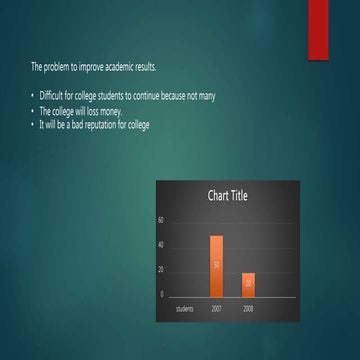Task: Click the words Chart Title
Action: click(227, 196)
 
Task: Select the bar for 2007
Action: click(216, 265)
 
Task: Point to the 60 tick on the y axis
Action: click(161, 219)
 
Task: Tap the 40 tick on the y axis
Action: click(161, 244)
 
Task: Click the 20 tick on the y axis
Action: click(161, 269)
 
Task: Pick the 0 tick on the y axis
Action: click(162, 294)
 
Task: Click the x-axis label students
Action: click(184, 309)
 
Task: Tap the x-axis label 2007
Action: click(216, 309)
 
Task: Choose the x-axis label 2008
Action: click(248, 309)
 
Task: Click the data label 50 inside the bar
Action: click(216, 265)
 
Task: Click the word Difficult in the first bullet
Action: click(51, 96)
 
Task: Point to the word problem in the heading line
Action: click(55, 67)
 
